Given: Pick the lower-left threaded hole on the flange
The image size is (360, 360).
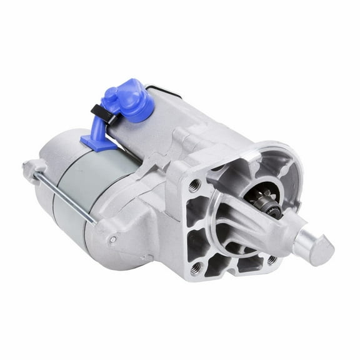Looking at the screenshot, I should pyautogui.click(x=198, y=267).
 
